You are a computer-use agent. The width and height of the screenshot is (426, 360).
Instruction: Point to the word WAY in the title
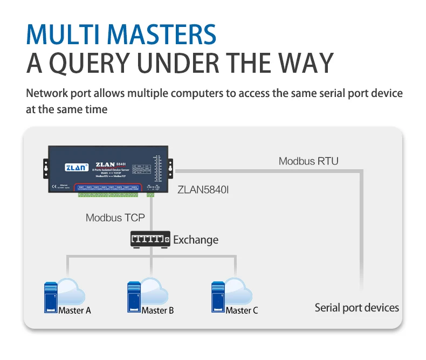click(306, 63)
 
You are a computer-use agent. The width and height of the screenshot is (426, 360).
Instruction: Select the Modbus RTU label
click(308, 161)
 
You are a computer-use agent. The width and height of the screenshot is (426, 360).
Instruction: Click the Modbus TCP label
click(115, 218)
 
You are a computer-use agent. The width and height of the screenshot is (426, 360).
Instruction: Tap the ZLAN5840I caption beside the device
click(203, 190)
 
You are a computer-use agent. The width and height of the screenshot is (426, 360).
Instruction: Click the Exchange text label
click(195, 239)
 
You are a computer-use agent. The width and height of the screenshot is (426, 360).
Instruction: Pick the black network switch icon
click(150, 239)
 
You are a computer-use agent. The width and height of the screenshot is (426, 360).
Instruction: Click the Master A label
click(74, 310)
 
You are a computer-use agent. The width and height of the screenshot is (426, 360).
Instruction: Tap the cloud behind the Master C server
click(238, 292)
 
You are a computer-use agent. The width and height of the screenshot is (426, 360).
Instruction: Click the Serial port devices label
click(356, 308)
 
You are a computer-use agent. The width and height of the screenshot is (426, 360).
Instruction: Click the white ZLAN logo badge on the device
click(74, 167)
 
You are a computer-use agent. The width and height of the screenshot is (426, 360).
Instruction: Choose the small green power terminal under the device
click(150, 195)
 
